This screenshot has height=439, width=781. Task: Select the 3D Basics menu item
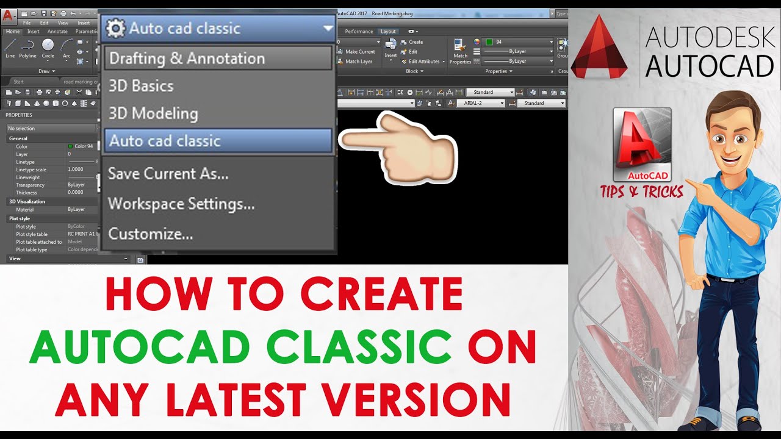click(x=141, y=86)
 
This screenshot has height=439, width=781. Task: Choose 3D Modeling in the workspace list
click(x=153, y=113)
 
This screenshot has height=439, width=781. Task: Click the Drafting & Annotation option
click(x=187, y=59)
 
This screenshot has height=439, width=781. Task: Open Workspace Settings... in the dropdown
click(x=181, y=204)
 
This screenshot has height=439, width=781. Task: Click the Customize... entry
click(x=150, y=234)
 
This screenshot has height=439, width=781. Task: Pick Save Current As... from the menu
click(x=168, y=174)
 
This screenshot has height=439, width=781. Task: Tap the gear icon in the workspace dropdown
click(x=115, y=29)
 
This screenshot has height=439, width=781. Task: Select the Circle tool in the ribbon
click(x=48, y=48)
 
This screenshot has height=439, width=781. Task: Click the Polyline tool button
click(x=27, y=48)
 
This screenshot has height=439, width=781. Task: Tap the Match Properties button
click(x=460, y=50)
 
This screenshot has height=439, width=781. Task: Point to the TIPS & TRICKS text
click(x=641, y=192)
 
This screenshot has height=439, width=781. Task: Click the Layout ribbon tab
click(x=387, y=31)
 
